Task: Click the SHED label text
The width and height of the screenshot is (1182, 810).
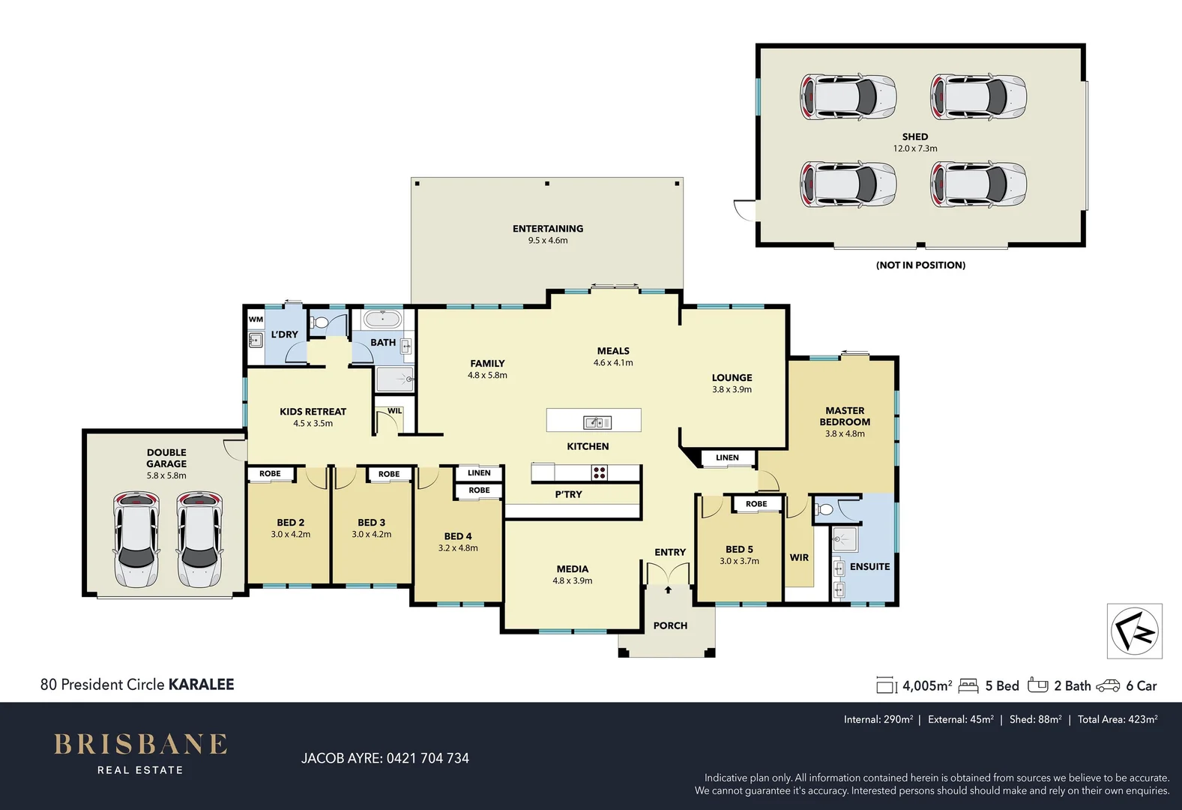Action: point(914,136)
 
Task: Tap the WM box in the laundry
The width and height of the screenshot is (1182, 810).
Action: point(256,319)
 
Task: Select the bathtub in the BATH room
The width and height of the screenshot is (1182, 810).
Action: point(382,319)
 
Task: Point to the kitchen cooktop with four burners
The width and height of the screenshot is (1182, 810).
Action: point(599,472)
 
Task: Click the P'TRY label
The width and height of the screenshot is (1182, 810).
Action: point(568,494)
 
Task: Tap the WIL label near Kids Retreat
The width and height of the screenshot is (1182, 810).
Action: point(394,411)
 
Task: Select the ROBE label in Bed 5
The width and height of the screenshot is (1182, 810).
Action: point(756,504)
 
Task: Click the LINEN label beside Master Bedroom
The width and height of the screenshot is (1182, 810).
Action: point(727,457)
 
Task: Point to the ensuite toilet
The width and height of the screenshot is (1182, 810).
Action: point(824,510)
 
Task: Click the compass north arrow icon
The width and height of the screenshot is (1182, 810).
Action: point(1135,631)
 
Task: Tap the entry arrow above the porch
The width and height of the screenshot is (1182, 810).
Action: point(668,590)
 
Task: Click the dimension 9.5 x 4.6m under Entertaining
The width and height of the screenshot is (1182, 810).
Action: point(548,241)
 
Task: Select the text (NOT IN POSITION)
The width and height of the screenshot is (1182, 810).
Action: point(920,265)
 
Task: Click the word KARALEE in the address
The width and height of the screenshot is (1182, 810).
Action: point(201,684)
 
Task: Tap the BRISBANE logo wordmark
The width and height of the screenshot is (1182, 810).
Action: point(140,744)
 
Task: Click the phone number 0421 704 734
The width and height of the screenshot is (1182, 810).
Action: point(427,758)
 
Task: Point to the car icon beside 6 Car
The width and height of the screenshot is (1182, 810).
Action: point(1108,685)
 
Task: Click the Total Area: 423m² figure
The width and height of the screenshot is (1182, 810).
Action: point(1118,719)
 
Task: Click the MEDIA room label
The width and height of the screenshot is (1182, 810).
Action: point(572,569)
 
